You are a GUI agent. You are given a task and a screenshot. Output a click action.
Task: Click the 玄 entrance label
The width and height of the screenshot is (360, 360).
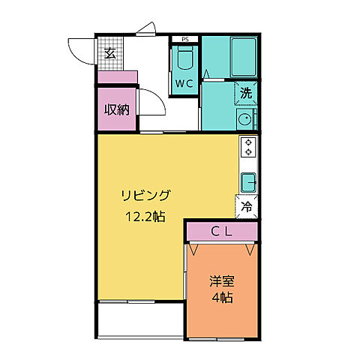coord(109,52)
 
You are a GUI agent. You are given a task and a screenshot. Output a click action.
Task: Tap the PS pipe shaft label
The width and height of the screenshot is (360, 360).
coord(184,39)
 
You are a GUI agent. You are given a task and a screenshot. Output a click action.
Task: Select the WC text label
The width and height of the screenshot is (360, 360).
coord(185,83)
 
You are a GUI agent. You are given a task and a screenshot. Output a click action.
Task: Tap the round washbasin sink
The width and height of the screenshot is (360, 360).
coord(244,119)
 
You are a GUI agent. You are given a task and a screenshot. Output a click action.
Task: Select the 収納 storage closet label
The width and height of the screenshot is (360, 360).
coord(115,109)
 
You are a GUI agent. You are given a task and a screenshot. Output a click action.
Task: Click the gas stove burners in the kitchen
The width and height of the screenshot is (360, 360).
coord(248,147)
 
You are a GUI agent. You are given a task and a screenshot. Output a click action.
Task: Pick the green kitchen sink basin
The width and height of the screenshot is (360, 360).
coord(248,181)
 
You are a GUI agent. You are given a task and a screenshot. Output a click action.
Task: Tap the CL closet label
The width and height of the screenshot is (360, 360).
coord(221,232)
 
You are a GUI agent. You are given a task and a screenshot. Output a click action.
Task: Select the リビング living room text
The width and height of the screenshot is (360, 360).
coord(147,196)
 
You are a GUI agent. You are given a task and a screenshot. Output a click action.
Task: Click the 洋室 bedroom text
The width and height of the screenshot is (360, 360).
coord(221,283)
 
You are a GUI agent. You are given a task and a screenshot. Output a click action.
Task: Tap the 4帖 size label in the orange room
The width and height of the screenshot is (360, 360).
coord(221,298)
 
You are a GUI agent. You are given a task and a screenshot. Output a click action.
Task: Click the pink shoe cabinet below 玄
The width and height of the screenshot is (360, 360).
coord(117,76)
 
